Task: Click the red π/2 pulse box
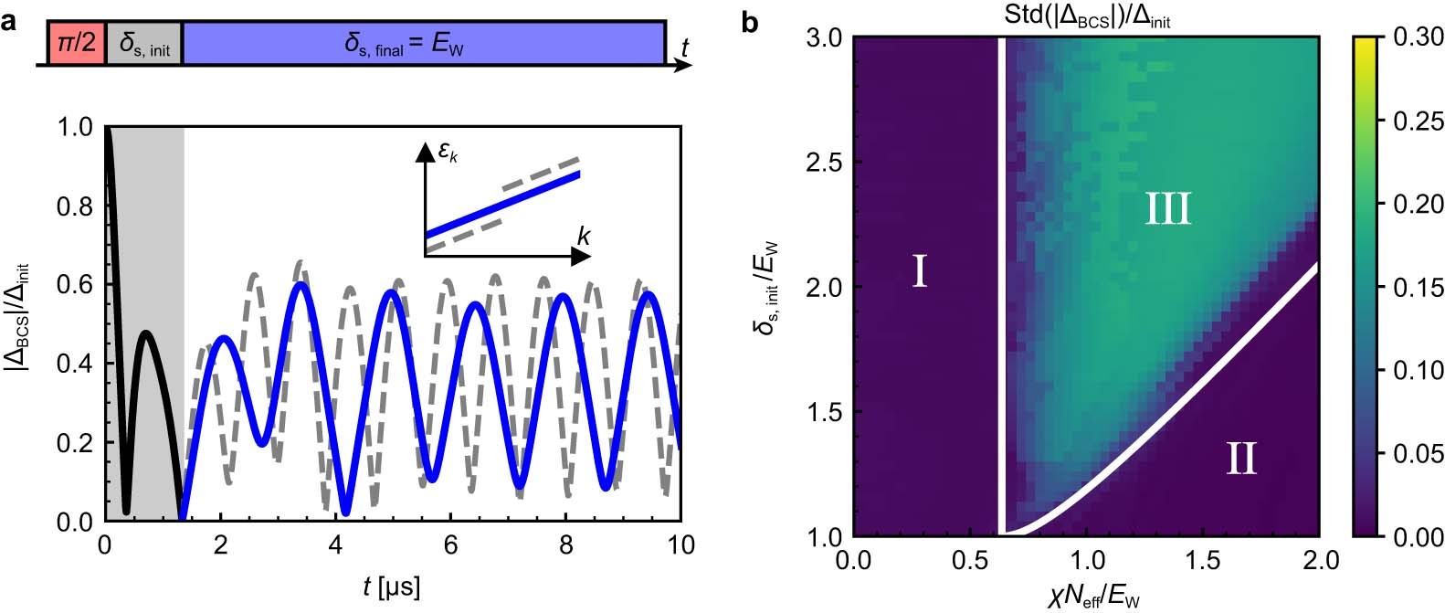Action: click(x=77, y=42)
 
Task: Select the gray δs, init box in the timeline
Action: click(x=144, y=43)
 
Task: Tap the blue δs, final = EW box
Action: click(x=423, y=43)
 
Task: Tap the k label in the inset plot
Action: click(x=583, y=238)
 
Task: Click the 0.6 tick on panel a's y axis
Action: click(x=75, y=286)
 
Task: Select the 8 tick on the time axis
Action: click(x=566, y=546)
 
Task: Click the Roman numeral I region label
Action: click(x=920, y=271)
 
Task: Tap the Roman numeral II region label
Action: click(x=1240, y=458)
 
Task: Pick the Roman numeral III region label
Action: click(x=1167, y=210)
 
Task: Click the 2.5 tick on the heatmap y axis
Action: click(x=824, y=163)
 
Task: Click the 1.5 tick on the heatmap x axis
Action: click(x=1202, y=558)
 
